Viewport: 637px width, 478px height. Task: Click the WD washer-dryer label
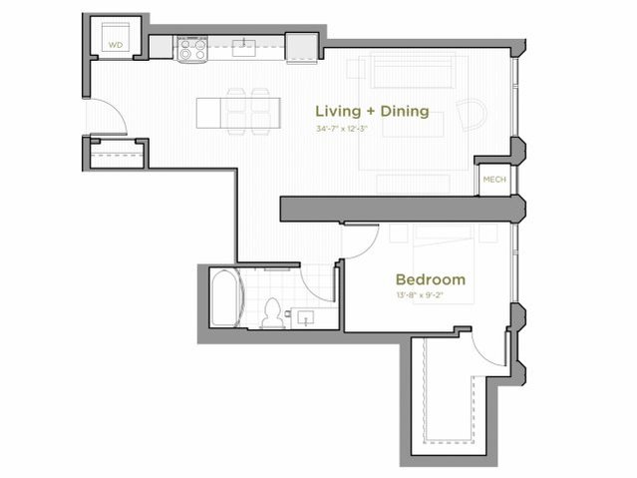(116, 45)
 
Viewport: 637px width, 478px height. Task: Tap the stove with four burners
(190, 47)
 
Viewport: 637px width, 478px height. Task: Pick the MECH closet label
(493, 180)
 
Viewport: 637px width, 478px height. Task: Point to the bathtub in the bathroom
(226, 297)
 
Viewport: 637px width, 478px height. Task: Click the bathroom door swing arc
(319, 282)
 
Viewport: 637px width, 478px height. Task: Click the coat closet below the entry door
(114, 155)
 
